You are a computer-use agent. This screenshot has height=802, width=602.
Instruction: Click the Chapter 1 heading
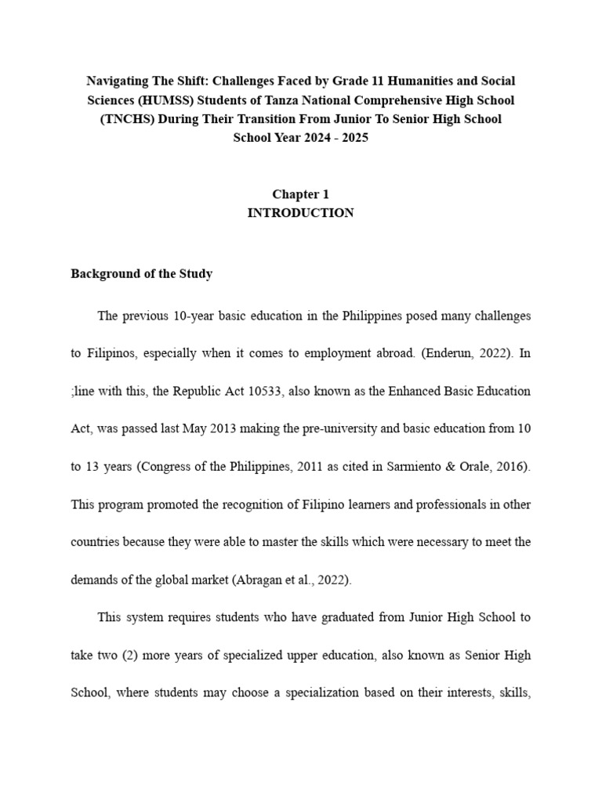click(300, 194)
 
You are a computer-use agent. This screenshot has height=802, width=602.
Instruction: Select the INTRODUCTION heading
click(300, 213)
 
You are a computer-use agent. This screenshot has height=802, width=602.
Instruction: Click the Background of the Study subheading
click(141, 274)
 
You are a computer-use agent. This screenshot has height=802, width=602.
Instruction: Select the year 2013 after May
click(228, 428)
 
